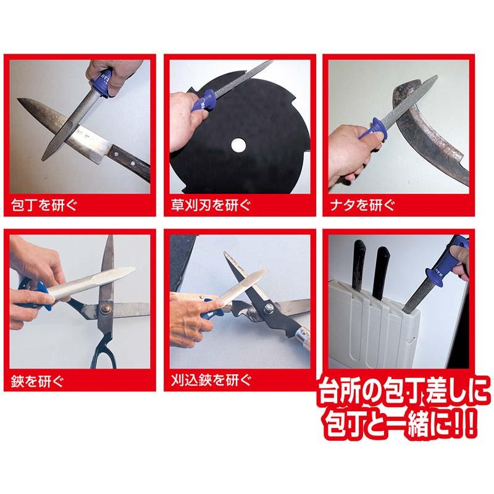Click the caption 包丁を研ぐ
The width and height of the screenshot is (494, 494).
(x=44, y=205)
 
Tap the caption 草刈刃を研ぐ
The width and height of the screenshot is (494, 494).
(x=211, y=205)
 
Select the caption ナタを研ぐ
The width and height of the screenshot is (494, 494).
(x=362, y=205)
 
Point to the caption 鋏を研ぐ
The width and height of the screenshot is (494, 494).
(x=37, y=382)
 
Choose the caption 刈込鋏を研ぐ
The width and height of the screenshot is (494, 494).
(x=211, y=380)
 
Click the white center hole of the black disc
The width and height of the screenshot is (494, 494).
(x=238, y=145)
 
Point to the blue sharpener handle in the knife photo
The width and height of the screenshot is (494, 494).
(x=101, y=82)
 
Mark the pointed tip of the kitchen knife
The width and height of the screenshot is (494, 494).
(x=18, y=99)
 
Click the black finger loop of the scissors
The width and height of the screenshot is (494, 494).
(x=103, y=350)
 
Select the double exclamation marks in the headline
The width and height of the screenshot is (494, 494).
(x=463, y=423)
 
